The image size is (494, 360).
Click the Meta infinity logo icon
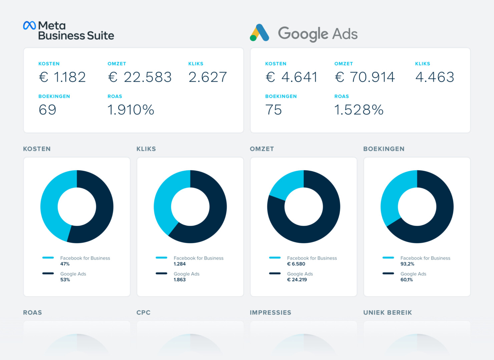tap(29, 25)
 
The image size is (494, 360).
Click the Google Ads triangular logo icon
tap(260, 33)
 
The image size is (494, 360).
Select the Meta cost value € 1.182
tap(62, 77)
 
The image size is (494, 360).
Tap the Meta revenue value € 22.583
tap(140, 77)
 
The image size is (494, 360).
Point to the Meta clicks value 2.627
tap(207, 77)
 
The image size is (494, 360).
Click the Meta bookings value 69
tap(47, 110)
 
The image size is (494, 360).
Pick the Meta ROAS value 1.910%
tap(131, 110)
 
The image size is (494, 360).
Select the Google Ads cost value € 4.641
tap(291, 77)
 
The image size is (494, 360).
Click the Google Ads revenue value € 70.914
tap(365, 77)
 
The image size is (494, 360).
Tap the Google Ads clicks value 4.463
tap(435, 77)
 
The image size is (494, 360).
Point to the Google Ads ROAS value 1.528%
tap(359, 110)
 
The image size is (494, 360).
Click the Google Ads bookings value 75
tap(274, 110)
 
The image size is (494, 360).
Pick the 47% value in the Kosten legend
tap(65, 264)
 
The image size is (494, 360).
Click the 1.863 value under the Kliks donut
tap(179, 280)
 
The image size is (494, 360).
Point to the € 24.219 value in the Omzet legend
tap(297, 280)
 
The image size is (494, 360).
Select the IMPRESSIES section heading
tap(271, 313)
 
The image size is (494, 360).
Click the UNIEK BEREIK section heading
tap(388, 313)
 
